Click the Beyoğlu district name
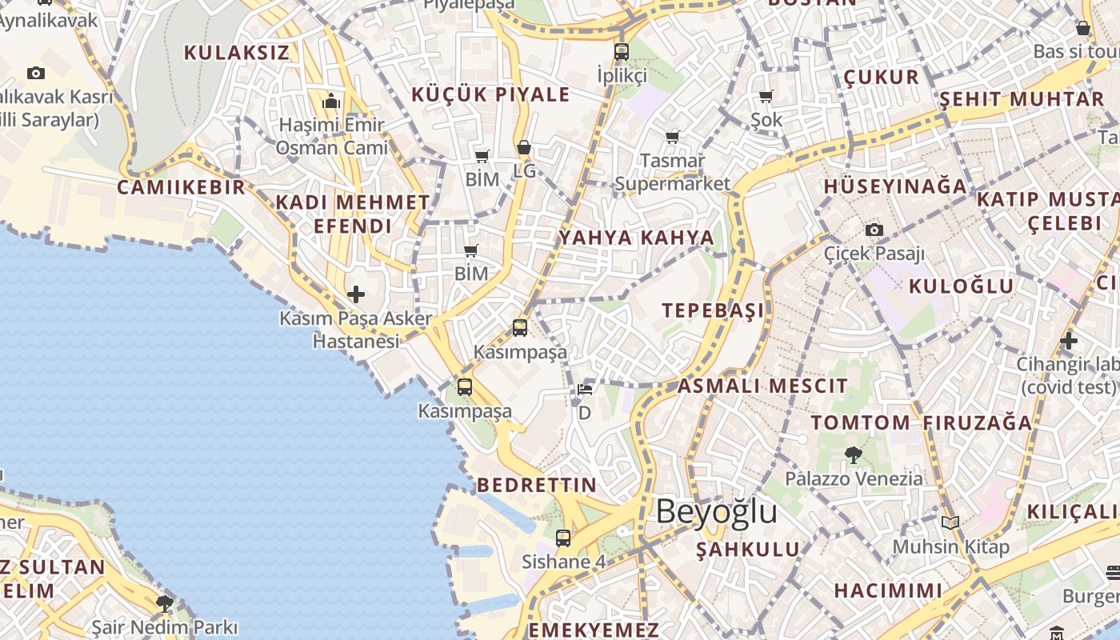(716, 512)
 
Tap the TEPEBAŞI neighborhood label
(713, 310)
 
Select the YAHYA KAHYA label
(636, 238)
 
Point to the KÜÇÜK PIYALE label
(490, 94)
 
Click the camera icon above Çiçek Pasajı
(874, 230)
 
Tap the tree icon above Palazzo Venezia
(853, 455)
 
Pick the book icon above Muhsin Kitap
(950, 523)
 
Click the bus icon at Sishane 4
(563, 538)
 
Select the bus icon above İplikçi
(622, 52)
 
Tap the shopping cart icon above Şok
(766, 97)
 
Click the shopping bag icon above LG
(524, 147)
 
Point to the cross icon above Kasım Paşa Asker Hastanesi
(355, 294)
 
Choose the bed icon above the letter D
(585, 390)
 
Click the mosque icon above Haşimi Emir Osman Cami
(331, 102)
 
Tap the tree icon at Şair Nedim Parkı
(165, 603)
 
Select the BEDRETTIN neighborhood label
(537, 485)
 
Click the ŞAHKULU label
(747, 550)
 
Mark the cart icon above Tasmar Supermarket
(672, 137)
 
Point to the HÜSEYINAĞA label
(895, 186)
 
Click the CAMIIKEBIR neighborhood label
(181, 187)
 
